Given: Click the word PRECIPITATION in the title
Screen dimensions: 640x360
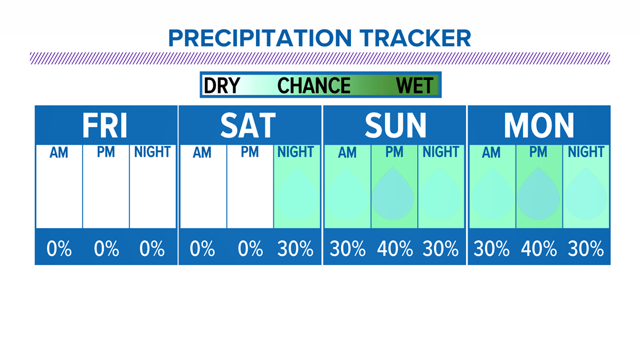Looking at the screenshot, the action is (260, 38).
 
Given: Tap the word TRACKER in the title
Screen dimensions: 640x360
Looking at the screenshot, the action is (415, 38).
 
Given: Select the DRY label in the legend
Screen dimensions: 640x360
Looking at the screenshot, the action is (222, 86).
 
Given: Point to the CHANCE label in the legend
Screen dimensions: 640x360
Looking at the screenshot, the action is (313, 86).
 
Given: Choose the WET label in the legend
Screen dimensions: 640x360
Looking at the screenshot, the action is (414, 86).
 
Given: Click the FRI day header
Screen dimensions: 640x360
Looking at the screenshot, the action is (105, 126).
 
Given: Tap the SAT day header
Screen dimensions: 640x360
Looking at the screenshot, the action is (248, 126).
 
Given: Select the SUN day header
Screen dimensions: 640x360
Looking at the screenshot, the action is (396, 126).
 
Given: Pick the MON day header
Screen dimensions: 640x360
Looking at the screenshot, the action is (539, 126).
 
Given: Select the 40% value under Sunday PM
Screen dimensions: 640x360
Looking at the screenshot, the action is (395, 249).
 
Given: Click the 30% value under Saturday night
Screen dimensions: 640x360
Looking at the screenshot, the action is (295, 249).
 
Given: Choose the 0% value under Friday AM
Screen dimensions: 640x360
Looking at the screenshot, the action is (59, 249).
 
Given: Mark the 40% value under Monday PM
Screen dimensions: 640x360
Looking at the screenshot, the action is (539, 249).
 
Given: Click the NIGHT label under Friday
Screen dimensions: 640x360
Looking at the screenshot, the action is (152, 152).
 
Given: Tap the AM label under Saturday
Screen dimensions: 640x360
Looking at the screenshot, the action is (202, 153).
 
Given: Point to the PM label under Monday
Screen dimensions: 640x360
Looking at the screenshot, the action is (538, 152).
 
